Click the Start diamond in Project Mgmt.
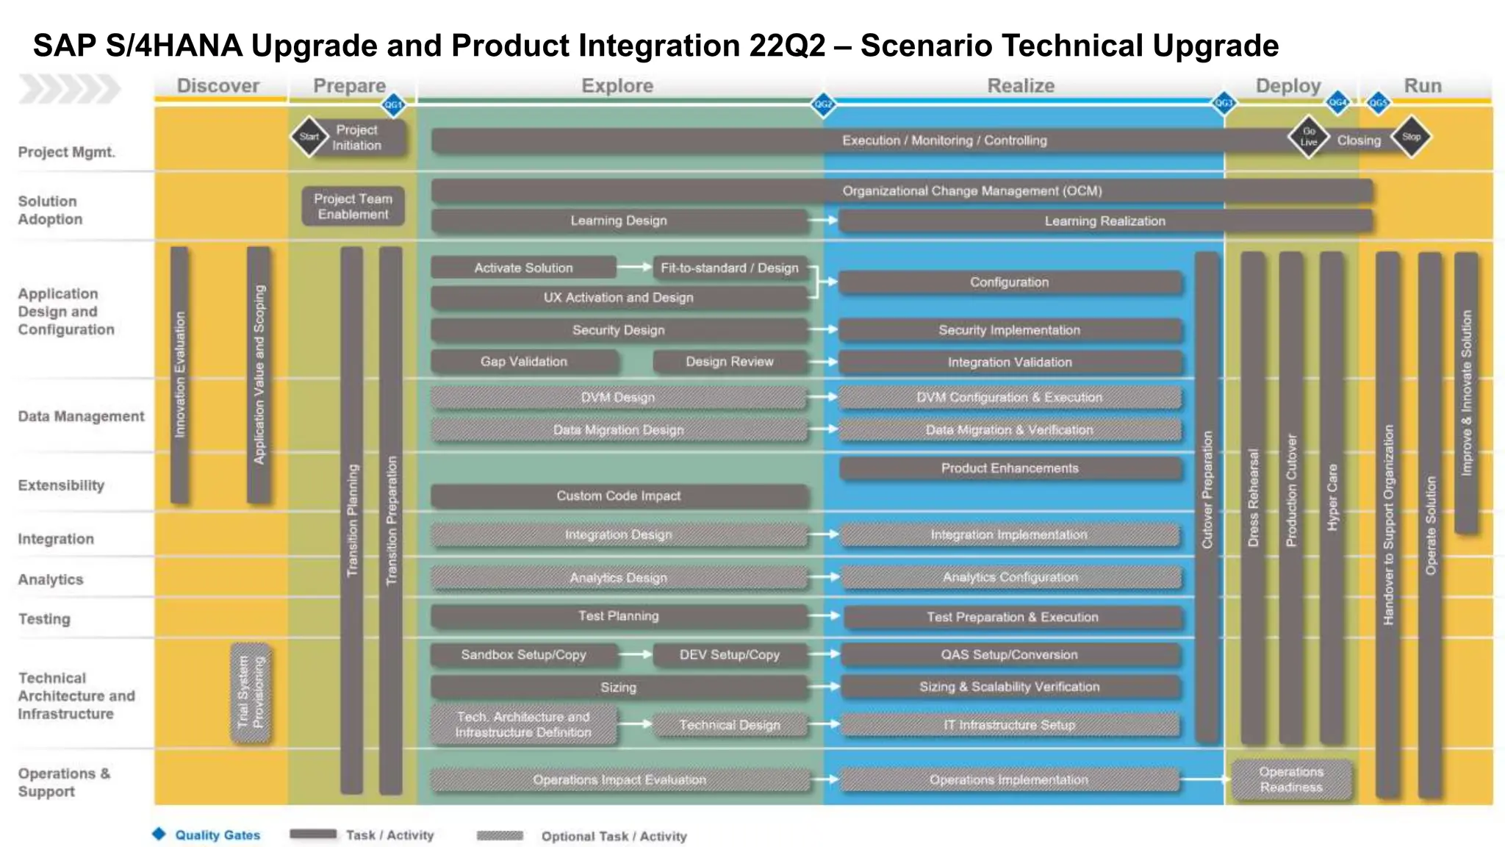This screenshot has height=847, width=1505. coord(309,137)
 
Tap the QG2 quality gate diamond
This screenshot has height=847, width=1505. coord(823,104)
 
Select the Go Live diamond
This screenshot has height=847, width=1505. coord(1309,137)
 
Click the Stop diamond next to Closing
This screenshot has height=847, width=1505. coord(1411,137)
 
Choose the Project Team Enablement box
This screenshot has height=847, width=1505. coord(353,207)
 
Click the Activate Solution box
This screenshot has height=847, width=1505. coord(523,268)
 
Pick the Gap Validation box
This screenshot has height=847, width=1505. coord(523,362)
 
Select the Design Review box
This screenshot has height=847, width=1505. coord(729,362)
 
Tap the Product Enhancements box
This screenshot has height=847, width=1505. coord(1010,468)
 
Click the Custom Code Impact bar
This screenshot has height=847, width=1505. coord(618,496)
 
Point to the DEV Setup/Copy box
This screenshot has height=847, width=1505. coord(729,654)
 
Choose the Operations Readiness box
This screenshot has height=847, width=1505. coord(1291,779)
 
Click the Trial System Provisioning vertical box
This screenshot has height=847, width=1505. coord(251,692)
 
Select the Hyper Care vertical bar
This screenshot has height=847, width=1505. coord(1332,497)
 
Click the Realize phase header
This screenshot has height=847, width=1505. coord(1020,86)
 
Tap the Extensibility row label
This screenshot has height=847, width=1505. coord(61,485)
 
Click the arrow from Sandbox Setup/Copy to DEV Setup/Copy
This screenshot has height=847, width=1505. coord(635,654)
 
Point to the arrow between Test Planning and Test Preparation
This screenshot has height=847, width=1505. coord(824,615)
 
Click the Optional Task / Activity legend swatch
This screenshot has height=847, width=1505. coord(500,835)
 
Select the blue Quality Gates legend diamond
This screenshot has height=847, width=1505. coord(159,834)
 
